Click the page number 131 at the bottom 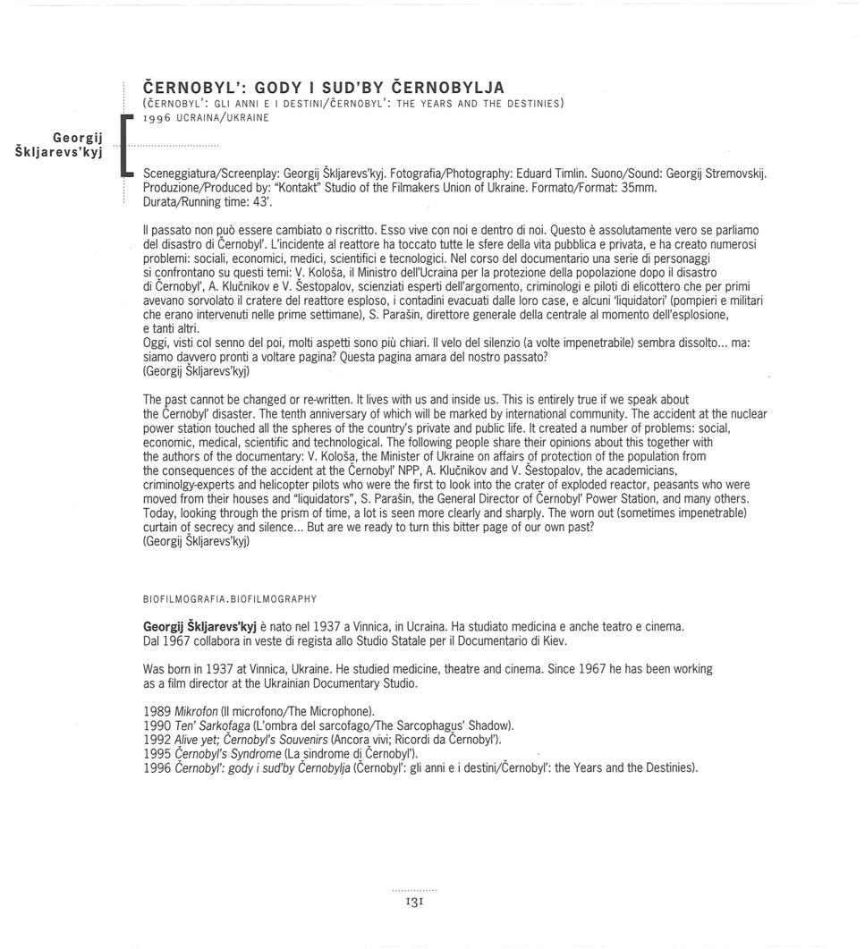click(x=415, y=903)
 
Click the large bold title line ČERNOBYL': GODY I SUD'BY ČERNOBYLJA click(x=324, y=88)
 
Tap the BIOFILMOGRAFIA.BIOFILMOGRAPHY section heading click(x=230, y=597)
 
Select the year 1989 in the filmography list click(x=157, y=711)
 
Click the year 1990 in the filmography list click(x=157, y=725)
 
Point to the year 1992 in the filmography click(x=157, y=740)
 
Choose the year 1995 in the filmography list click(x=157, y=753)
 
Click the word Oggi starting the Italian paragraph click(x=156, y=343)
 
